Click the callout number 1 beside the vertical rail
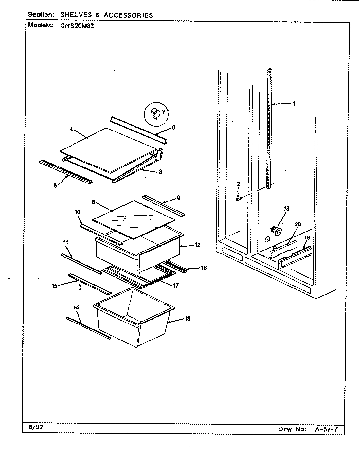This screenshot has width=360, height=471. pyautogui.click(x=294, y=104)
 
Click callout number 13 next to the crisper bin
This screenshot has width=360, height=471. pyautogui.click(x=188, y=319)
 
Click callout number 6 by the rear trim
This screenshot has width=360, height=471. pyautogui.click(x=173, y=127)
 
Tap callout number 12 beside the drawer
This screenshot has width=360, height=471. pyautogui.click(x=197, y=245)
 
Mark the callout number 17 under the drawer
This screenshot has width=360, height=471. pyautogui.click(x=176, y=285)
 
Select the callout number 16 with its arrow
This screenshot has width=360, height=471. pyautogui.click(x=203, y=268)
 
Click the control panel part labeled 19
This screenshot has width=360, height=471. pyautogui.click(x=295, y=258)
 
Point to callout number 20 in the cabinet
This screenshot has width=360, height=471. pyautogui.click(x=297, y=224)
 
